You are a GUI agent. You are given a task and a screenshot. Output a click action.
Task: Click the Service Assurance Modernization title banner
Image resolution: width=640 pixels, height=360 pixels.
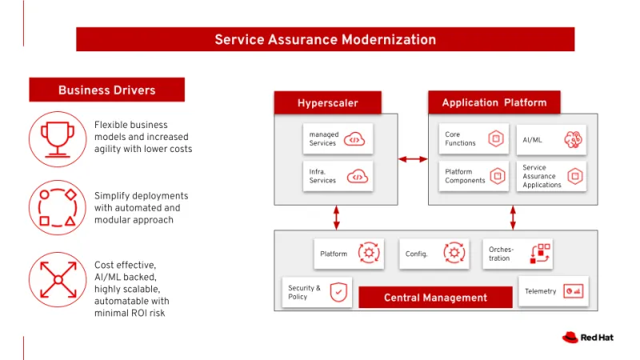point(325,39)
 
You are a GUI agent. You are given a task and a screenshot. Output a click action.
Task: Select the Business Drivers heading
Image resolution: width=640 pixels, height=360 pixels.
point(106,90)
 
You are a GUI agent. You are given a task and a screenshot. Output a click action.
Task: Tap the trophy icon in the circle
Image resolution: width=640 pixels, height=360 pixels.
point(57,138)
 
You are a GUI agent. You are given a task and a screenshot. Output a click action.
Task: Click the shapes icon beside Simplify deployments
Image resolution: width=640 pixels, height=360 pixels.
point(57,207)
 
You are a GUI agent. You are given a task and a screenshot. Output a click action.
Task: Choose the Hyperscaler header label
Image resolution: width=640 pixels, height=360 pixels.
point(327,102)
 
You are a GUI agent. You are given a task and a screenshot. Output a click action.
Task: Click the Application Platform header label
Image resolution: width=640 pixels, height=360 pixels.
point(494,102)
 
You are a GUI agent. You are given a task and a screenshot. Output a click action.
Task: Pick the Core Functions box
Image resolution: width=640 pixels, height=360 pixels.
point(474,139)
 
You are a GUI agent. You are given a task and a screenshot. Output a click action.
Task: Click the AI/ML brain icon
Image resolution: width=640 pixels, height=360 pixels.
point(573,139)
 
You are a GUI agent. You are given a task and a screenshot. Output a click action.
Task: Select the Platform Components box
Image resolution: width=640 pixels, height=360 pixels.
point(474,176)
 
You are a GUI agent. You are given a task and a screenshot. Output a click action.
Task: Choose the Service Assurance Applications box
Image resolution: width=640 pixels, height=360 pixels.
point(551,176)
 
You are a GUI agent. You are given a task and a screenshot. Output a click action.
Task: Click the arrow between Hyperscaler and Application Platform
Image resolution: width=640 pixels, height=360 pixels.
point(413,159)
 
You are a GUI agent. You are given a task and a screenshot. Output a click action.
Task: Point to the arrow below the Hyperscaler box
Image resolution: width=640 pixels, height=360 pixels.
point(336,217)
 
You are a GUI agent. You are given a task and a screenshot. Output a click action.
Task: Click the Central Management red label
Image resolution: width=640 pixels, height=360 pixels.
point(435,298)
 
